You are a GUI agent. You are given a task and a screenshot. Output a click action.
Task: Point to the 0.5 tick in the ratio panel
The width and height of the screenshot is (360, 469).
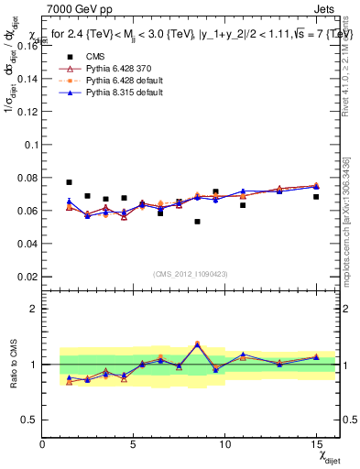tap(30, 420)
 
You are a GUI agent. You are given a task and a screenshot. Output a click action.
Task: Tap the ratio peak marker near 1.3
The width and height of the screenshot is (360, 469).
tap(197, 344)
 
